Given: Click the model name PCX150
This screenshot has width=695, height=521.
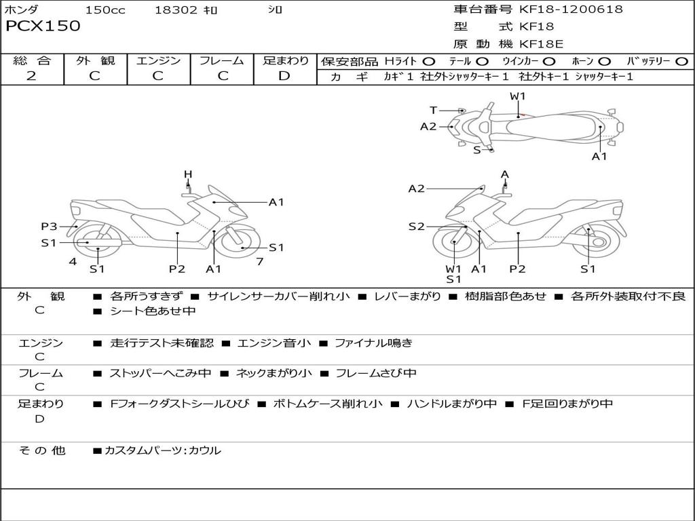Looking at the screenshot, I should point(43,26).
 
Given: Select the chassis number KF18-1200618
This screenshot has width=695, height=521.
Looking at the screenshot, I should point(571,9).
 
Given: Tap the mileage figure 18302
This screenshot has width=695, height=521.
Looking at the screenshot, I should point(176,10).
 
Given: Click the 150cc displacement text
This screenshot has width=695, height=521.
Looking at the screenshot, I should point(105,10).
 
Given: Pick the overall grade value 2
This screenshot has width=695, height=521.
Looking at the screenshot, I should point(31,76).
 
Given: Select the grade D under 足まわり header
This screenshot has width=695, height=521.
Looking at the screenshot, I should point(284,76).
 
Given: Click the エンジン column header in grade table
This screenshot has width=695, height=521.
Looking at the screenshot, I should point(158,61).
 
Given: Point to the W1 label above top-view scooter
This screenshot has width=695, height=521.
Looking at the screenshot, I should point(518,96).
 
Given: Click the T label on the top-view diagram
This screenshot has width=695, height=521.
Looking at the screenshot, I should point(433,110).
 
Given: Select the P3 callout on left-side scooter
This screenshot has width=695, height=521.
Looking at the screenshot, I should point(49,227).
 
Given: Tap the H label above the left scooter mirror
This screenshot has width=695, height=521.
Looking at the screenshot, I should point(188,175).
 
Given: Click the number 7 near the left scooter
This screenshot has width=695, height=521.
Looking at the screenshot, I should point(259,261).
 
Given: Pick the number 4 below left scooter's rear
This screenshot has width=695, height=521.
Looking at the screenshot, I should point(72,261).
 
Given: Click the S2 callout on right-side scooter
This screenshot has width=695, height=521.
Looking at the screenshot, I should point(416,227).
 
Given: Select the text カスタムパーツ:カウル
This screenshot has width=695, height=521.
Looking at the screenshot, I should point(162,450).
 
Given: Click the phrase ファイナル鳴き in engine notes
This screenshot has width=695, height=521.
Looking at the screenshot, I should point(373,343).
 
